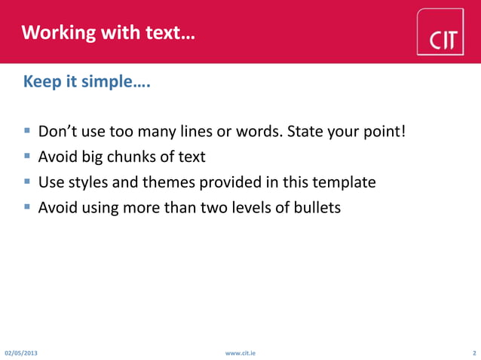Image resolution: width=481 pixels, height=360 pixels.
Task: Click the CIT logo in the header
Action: [x=445, y=32]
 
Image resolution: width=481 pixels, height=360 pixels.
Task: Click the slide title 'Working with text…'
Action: [x=108, y=32]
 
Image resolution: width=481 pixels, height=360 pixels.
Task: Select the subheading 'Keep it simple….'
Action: [x=87, y=81]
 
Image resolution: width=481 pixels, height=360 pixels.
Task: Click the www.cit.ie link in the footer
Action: [x=240, y=352]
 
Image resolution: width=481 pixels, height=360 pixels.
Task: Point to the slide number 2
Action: [x=473, y=352]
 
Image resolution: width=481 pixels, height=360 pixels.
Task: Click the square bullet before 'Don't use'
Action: [x=27, y=132]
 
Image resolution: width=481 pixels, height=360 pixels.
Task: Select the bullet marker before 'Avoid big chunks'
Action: [x=27, y=157]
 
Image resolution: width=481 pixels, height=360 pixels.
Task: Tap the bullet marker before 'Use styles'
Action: [x=27, y=182]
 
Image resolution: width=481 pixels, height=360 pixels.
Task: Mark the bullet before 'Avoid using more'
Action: [x=27, y=206]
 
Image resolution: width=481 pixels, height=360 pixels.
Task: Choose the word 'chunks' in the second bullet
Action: [x=129, y=157]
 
